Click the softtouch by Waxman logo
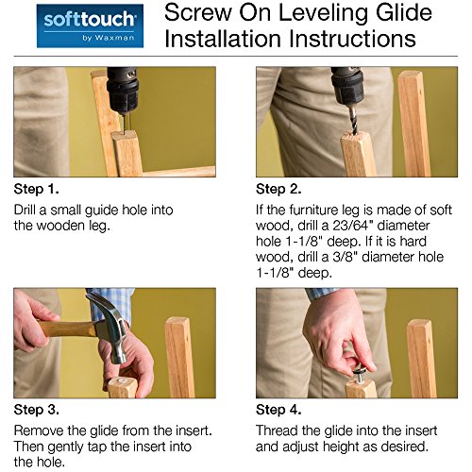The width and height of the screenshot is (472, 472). point(90,25)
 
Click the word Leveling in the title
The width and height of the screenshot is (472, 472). point(321,13)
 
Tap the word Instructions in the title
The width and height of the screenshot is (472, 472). point(352,39)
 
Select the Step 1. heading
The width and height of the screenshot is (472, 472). point(37,189)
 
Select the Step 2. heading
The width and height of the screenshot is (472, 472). point(278,189)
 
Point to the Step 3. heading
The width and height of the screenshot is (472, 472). point(37,410)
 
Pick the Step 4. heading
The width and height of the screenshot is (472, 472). point(278,410)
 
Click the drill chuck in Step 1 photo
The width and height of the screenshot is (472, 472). point(123,92)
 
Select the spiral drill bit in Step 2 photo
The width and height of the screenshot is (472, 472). point(354,121)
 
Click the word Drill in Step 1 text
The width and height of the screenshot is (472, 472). point(25,210)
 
